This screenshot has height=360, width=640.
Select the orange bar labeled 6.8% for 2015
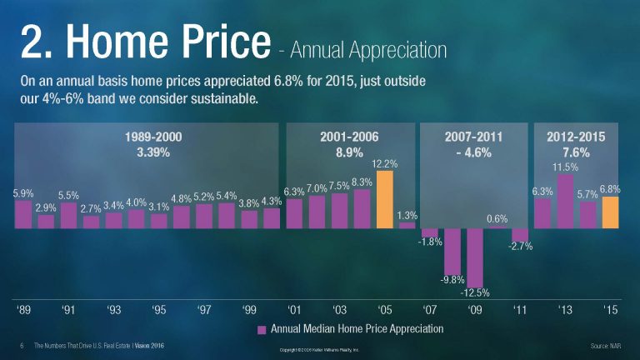(x=610, y=212)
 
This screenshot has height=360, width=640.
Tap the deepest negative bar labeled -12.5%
(x=475, y=257)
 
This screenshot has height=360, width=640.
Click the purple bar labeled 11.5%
(x=565, y=201)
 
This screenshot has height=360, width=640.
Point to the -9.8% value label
(x=452, y=279)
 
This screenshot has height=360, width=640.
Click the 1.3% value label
(x=407, y=214)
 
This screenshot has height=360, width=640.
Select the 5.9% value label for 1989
(x=23, y=192)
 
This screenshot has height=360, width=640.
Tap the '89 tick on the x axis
(x=24, y=310)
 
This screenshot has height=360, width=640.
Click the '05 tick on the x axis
(x=384, y=310)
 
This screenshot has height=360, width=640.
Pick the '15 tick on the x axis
(x=610, y=310)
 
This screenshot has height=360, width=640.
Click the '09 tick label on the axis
(x=474, y=310)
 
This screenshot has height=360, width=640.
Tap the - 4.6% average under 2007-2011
(x=474, y=152)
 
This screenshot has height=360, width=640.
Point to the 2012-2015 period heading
(x=576, y=137)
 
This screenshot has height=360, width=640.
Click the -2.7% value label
(x=520, y=247)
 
